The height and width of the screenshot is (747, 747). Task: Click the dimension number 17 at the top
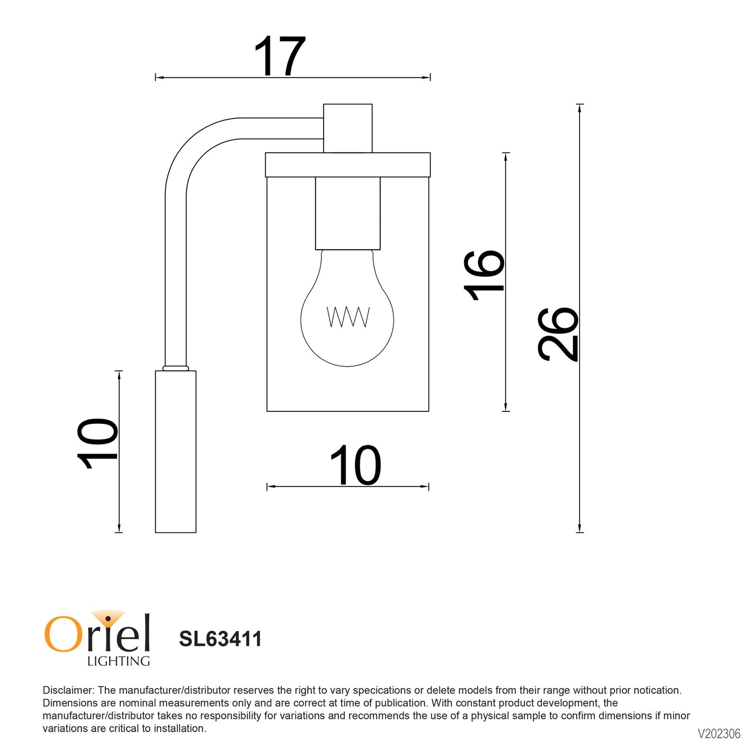(x=280, y=56)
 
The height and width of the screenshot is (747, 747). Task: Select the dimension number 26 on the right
(x=558, y=335)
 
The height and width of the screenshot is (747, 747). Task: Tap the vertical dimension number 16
(x=484, y=276)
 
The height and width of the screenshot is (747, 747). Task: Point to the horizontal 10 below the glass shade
(x=356, y=465)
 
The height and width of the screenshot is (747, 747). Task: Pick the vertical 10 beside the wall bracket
(x=97, y=444)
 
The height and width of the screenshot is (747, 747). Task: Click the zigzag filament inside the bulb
(x=348, y=317)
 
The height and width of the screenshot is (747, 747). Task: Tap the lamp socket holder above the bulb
(x=348, y=213)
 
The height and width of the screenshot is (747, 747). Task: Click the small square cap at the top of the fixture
(x=348, y=128)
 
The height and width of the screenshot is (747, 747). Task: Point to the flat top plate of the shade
(x=348, y=165)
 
